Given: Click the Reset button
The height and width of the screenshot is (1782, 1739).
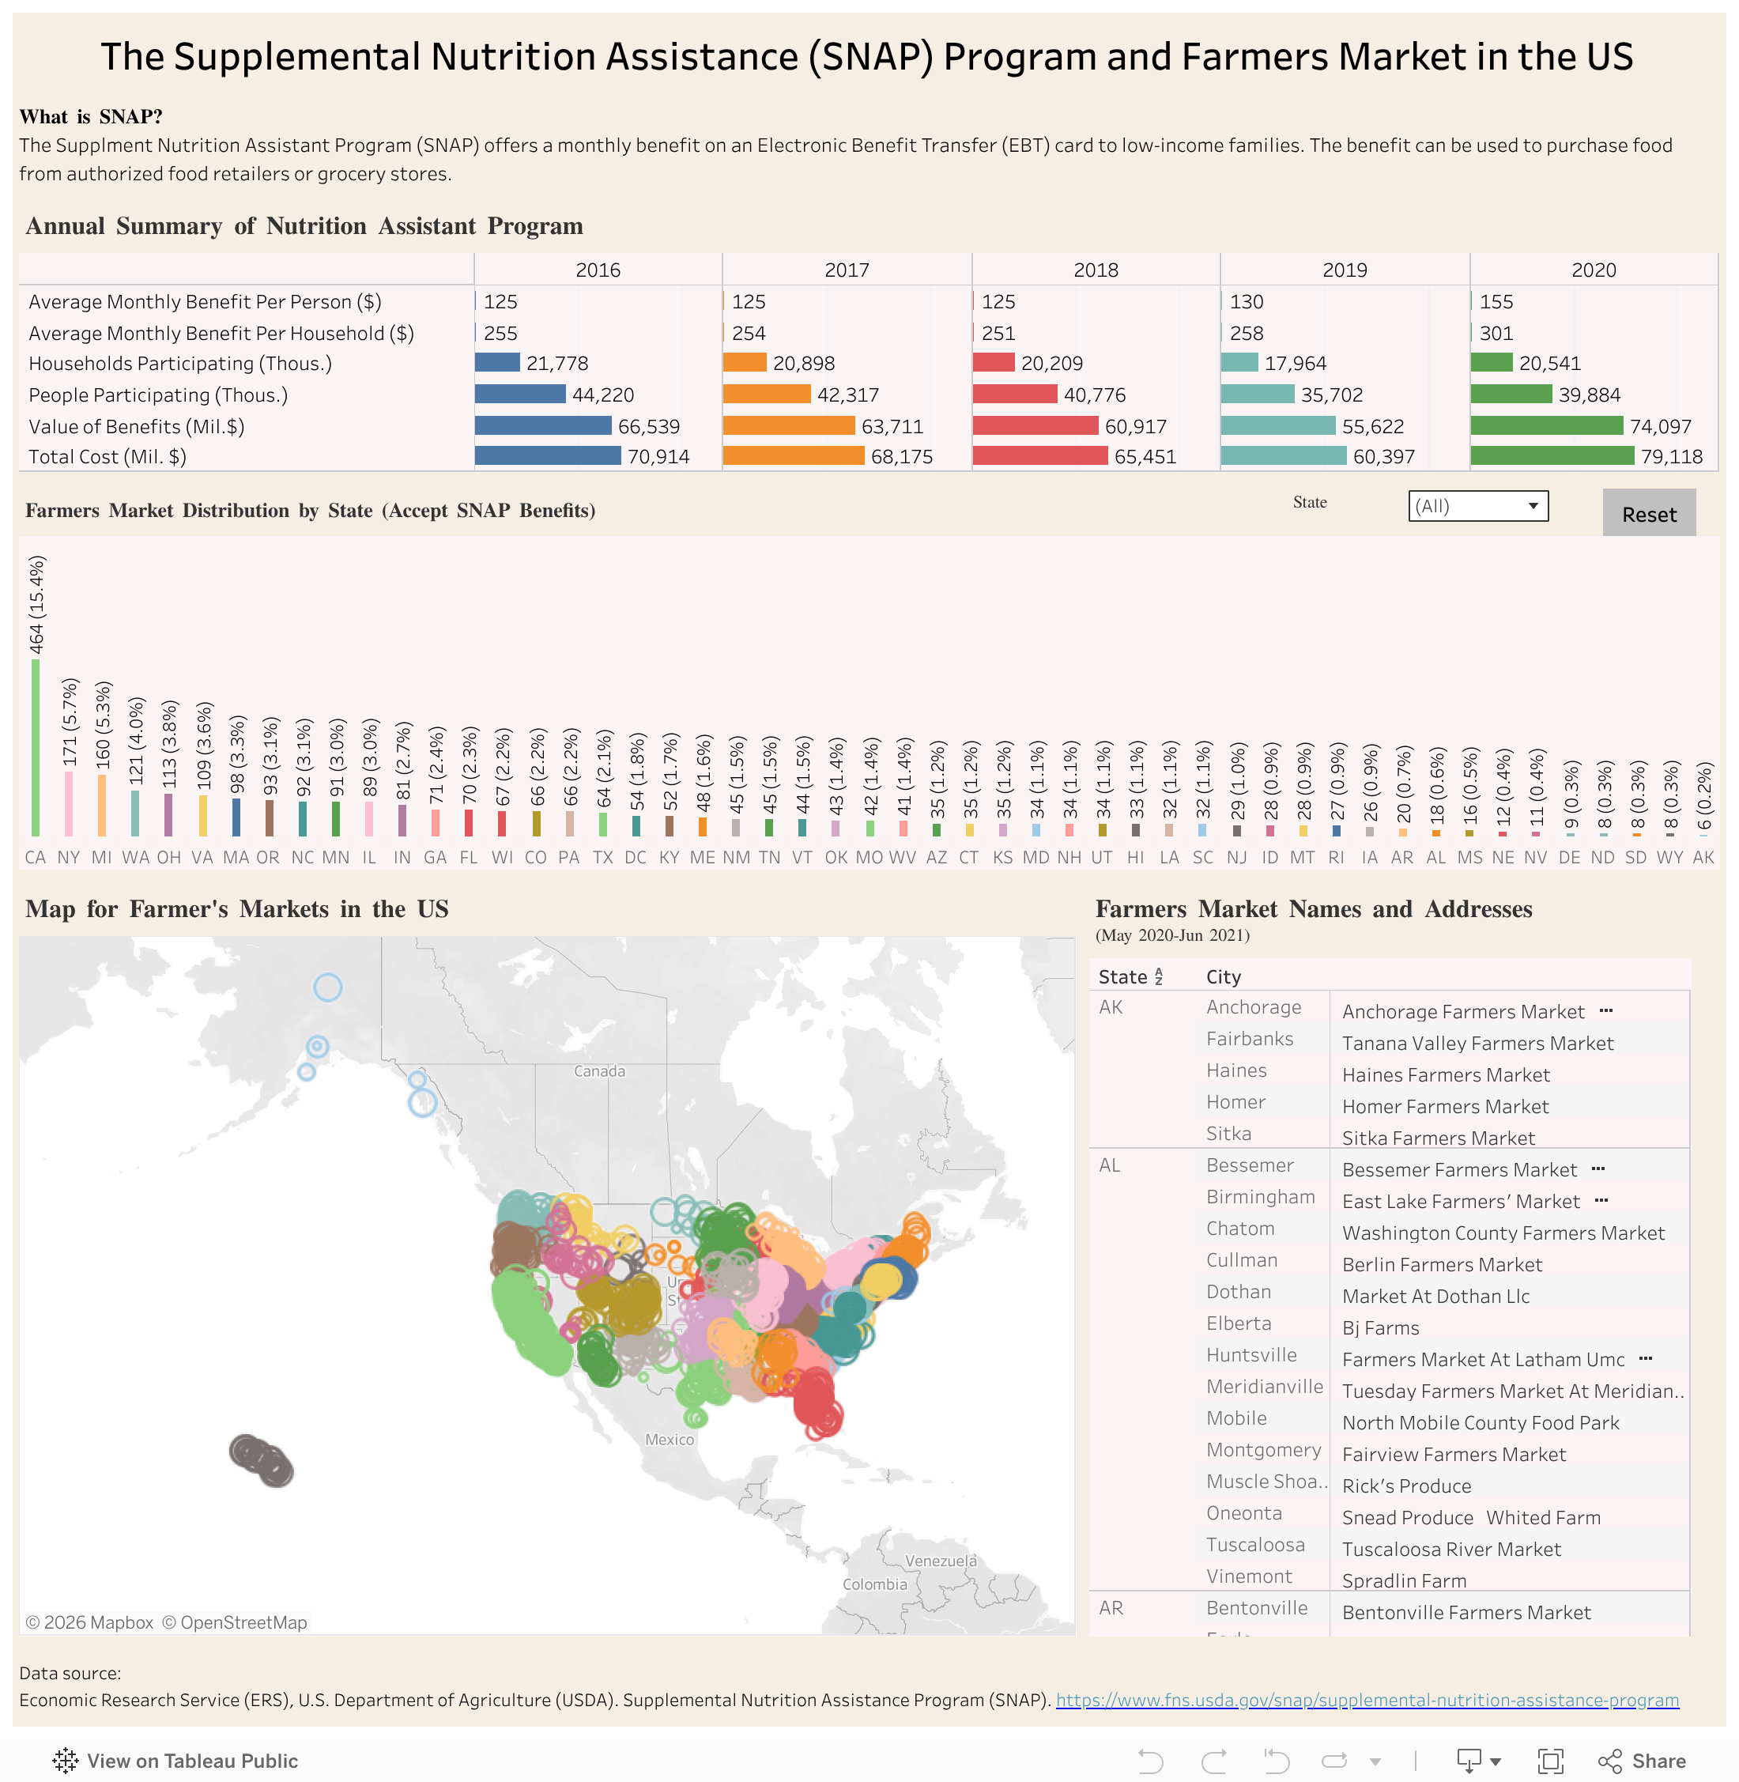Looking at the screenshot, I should click(x=1649, y=514).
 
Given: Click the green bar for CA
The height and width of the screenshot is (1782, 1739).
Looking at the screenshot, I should click(x=36, y=746).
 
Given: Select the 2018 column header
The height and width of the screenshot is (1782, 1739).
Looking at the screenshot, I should click(x=1095, y=270).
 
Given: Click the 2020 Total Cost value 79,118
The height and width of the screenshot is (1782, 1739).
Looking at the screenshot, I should click(x=1670, y=457).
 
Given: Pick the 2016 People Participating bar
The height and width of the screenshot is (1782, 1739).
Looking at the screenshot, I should click(x=519, y=395).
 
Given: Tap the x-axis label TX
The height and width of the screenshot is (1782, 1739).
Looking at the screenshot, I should click(x=603, y=858).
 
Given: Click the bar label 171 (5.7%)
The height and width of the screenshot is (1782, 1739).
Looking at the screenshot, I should click(x=70, y=722).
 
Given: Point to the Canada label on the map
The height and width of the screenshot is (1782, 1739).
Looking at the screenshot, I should click(x=599, y=1071).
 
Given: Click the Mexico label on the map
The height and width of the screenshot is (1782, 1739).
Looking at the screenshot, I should click(x=670, y=1440).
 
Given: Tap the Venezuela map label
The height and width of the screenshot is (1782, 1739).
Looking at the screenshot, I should click(x=940, y=1561).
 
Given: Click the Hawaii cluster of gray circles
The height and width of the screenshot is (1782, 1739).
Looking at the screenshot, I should click(x=260, y=1459).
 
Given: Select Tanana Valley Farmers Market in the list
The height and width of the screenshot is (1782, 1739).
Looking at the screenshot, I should click(x=1477, y=1043).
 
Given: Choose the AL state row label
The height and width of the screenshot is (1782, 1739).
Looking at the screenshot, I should click(x=1109, y=1165).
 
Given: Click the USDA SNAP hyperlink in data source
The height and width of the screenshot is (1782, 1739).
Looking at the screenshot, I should click(x=1367, y=1700).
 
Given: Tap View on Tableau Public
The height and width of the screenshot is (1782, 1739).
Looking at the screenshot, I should click(x=175, y=1760).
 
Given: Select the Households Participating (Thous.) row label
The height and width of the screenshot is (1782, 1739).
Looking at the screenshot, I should click(x=180, y=364).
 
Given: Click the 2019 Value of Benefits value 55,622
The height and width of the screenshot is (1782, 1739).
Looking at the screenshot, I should click(x=1372, y=427).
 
